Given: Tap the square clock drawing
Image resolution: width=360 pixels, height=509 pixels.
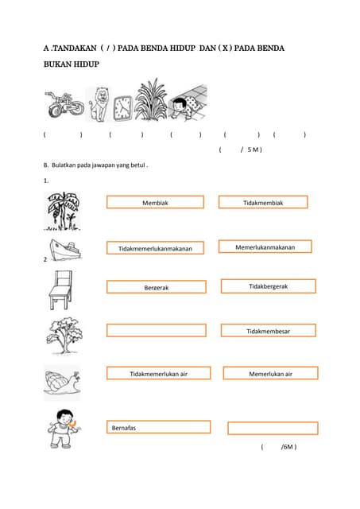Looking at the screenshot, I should [x=122, y=107].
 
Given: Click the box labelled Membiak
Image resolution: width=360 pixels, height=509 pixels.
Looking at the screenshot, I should [x=155, y=203].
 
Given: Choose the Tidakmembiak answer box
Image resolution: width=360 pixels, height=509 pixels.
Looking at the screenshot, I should [x=263, y=203].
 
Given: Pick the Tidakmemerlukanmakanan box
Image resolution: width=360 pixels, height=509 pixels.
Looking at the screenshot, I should [x=155, y=248].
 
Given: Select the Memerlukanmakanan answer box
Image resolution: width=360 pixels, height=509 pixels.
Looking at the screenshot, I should [x=265, y=247].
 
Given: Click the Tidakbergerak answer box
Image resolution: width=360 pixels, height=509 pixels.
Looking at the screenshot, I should [x=268, y=286].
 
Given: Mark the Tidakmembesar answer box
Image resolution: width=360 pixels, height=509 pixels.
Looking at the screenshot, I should [x=268, y=330].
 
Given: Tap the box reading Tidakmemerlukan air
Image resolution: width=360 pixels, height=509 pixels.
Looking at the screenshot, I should [x=158, y=373].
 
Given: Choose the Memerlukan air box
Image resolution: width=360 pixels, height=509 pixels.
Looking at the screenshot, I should [x=270, y=373].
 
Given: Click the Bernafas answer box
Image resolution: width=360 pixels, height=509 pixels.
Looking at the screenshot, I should [x=158, y=427].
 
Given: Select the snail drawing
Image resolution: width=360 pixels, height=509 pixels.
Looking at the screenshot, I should [x=61, y=383].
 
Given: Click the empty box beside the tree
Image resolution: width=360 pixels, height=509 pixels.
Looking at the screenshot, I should [x=156, y=330].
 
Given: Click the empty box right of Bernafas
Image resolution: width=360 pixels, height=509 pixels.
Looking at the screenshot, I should [x=272, y=428].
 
